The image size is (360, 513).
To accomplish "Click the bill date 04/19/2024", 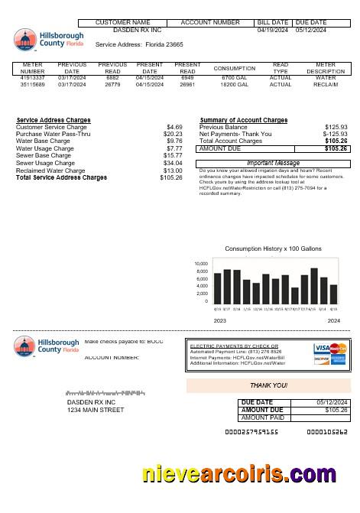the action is [x=272, y=31].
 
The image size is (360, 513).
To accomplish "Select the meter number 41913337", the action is [x=33, y=77].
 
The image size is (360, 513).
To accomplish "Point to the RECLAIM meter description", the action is [x=326, y=84].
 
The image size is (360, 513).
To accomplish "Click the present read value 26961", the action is [x=187, y=84].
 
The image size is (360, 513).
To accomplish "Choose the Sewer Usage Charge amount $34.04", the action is [x=173, y=163].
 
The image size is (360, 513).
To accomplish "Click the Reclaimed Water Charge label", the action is [x=50, y=170].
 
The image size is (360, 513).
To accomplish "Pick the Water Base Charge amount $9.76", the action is [x=174, y=141].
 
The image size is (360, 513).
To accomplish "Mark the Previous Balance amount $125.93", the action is [x=336, y=127].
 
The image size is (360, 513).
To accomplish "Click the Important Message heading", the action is [x=273, y=163].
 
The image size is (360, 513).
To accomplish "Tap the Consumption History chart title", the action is [x=273, y=249].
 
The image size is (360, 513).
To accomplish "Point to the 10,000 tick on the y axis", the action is [x=201, y=264].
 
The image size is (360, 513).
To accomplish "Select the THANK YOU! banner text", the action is [x=269, y=385].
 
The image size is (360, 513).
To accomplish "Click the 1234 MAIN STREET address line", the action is [x=95, y=411].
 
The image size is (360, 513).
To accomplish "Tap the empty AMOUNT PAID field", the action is [x=321, y=418].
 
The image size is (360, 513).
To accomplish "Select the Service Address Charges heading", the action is [x=54, y=120].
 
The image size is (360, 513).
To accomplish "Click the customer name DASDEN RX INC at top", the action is [x=138, y=31].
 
